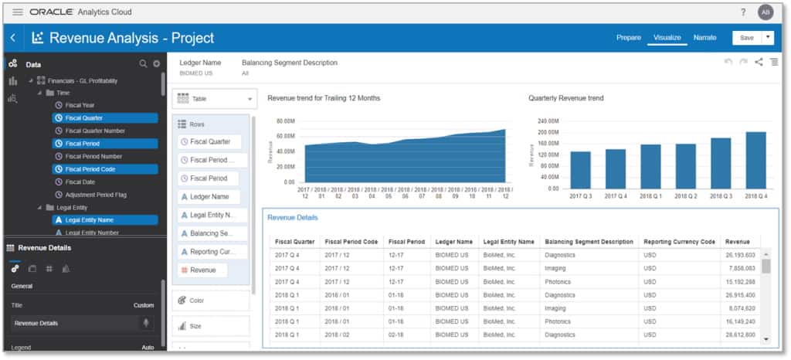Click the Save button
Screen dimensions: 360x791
coord(746,38)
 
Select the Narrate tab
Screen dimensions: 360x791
coord(704,38)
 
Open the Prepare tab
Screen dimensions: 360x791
coord(628,38)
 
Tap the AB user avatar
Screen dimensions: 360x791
coord(765,12)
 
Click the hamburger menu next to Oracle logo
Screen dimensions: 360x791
coord(17,12)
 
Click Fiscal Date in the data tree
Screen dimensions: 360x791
coord(80,182)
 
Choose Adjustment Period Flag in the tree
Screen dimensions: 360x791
coord(97,194)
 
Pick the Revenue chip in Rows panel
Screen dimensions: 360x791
coord(203,270)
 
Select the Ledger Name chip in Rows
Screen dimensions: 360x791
coord(209,197)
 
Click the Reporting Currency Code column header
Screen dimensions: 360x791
coord(679,242)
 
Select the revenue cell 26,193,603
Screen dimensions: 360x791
coord(740,255)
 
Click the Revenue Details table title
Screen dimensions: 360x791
coord(292,218)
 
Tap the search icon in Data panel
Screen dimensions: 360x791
coord(143,64)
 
